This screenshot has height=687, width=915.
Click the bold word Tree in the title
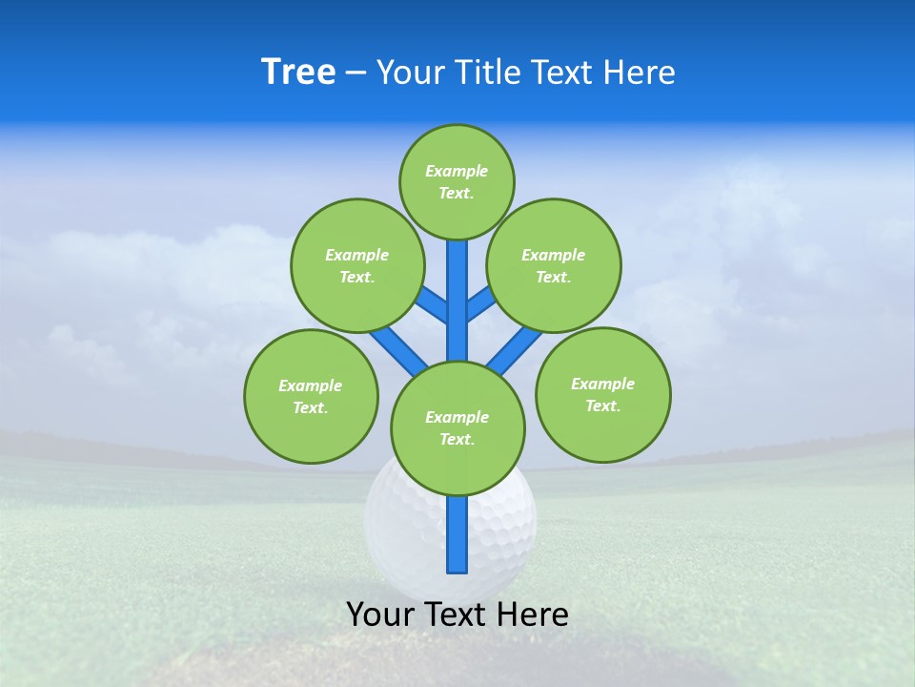click(x=298, y=73)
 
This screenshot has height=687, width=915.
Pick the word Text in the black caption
click(x=455, y=614)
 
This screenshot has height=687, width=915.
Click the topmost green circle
click(x=457, y=181)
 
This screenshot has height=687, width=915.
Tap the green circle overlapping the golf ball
click(x=457, y=428)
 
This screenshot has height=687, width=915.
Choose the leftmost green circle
click(x=311, y=396)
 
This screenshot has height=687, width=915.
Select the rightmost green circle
click(x=602, y=394)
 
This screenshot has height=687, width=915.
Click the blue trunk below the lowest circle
click(x=457, y=534)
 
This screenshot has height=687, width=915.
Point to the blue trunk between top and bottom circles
click(x=457, y=301)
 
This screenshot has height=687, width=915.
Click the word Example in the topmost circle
click(x=457, y=171)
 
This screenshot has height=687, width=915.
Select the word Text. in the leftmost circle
click(x=311, y=407)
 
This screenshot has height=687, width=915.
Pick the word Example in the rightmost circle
click(x=602, y=384)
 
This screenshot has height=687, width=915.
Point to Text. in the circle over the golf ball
click(x=457, y=439)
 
